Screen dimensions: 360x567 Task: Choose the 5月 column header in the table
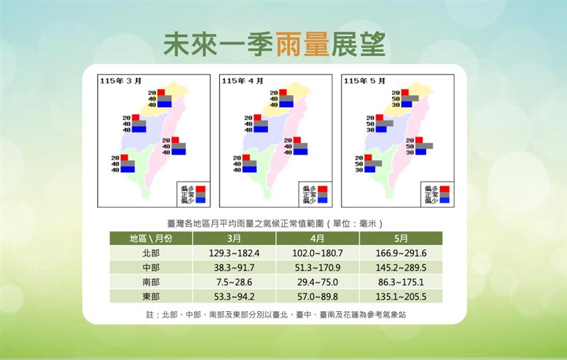click(x=401, y=239)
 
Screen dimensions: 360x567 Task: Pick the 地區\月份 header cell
click(x=150, y=239)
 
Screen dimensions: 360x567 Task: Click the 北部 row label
click(x=150, y=253)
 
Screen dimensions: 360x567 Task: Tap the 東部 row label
click(x=150, y=296)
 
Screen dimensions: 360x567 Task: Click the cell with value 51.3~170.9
click(x=318, y=267)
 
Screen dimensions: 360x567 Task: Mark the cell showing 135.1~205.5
click(x=401, y=296)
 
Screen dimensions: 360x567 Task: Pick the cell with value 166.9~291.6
click(x=401, y=253)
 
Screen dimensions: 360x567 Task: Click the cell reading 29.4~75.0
click(x=318, y=282)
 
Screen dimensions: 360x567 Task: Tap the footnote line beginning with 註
click(x=276, y=313)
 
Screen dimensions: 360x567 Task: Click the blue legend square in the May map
click(x=445, y=201)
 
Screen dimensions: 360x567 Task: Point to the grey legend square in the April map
click(x=323, y=194)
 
